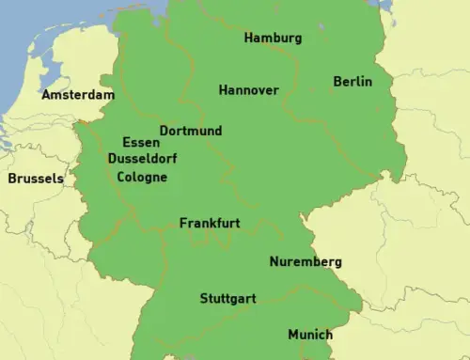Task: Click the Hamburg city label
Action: tap(273, 39)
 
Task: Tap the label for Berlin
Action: tap(352, 82)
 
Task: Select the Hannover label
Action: tap(248, 90)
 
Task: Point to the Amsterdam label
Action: tap(77, 95)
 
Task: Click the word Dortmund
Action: tap(191, 131)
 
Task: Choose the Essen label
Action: tap(141, 143)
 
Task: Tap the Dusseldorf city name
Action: tap(142, 160)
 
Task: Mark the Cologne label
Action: tap(135, 177)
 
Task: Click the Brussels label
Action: tap(36, 178)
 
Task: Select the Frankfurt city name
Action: tap(210, 224)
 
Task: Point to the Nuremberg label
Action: tap(305, 262)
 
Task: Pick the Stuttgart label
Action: tap(227, 299)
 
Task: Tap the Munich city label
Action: tap(310, 335)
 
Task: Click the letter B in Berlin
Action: tap(337, 82)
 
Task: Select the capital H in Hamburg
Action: tap(248, 39)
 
